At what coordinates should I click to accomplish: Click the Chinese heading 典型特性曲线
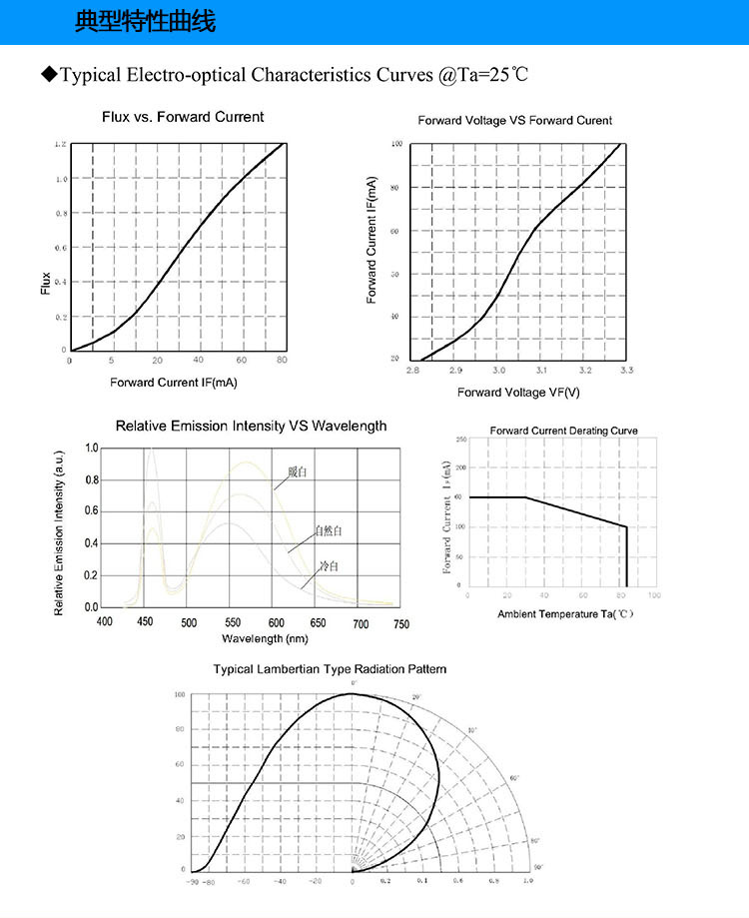click(x=145, y=22)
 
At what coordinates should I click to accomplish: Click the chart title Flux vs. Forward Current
click(x=184, y=117)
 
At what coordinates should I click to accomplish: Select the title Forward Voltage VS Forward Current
click(x=514, y=121)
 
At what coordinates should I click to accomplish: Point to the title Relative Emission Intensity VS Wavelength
click(x=251, y=426)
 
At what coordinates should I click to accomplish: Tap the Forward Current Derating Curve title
click(x=563, y=431)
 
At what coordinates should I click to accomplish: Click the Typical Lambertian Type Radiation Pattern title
click(x=331, y=669)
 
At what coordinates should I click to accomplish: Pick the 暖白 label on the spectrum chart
click(x=295, y=471)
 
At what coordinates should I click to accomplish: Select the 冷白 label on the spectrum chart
click(x=329, y=566)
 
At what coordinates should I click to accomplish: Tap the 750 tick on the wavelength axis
click(x=400, y=623)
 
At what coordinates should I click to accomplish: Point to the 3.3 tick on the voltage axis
click(x=627, y=371)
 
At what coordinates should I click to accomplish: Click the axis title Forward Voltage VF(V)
click(x=518, y=392)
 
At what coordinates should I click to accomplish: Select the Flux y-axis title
click(x=45, y=283)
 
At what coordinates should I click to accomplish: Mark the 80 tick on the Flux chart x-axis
click(x=282, y=361)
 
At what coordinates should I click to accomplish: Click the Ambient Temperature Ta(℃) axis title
click(x=565, y=613)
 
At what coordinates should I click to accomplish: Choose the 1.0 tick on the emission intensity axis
click(x=92, y=449)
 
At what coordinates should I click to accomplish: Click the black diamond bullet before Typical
click(x=47, y=75)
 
